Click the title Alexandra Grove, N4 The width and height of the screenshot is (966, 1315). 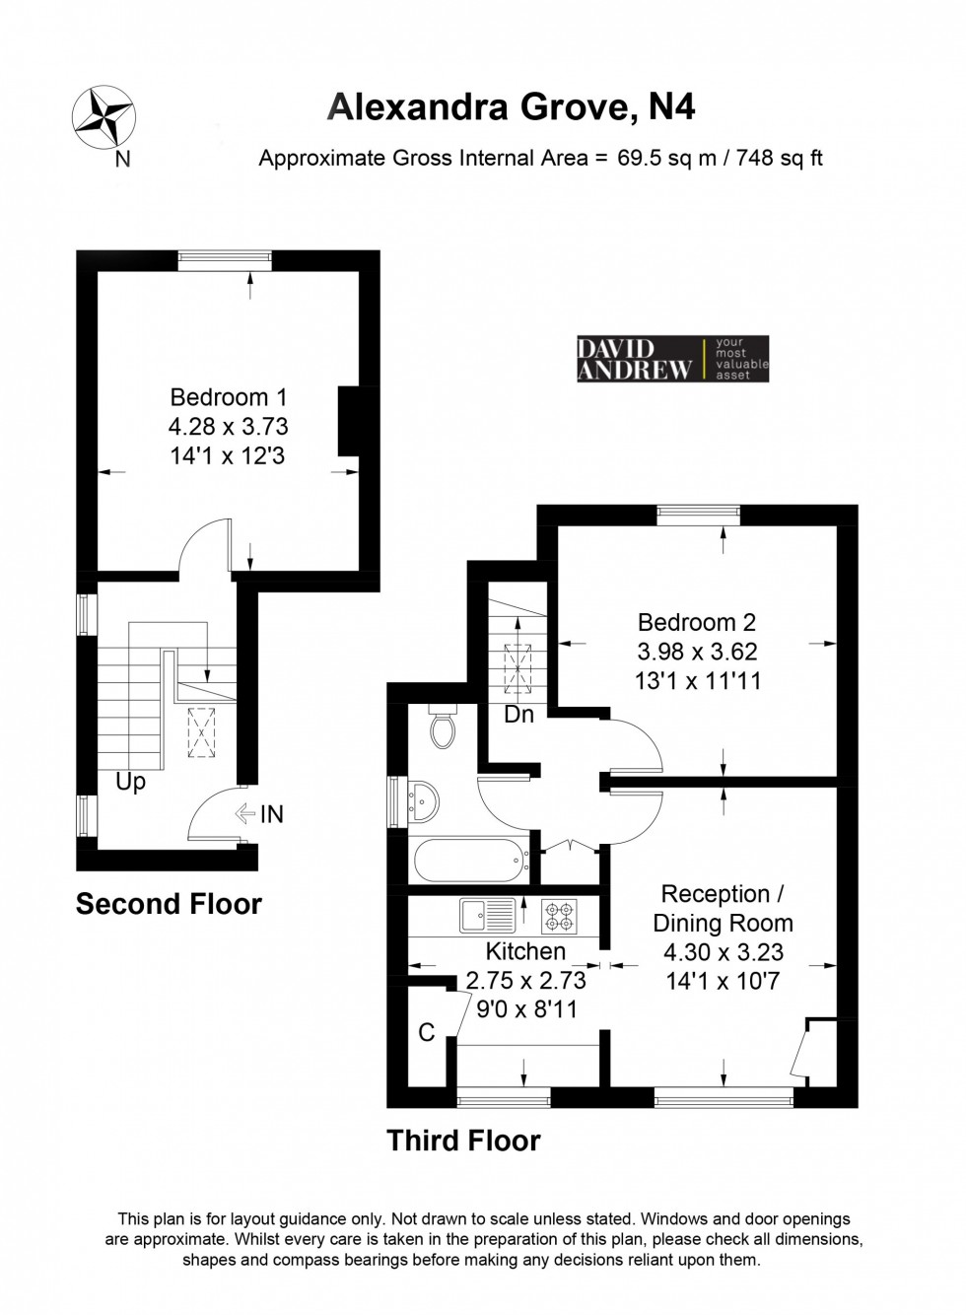coord(511,106)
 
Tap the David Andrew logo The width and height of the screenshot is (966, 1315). coord(671,359)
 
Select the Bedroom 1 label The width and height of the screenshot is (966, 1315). coord(229,398)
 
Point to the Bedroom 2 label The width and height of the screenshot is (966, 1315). coord(697,623)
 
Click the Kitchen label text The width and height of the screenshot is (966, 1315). coord(525,951)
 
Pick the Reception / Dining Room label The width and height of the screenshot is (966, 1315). coord(723,909)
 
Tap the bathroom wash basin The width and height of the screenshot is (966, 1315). coord(423,802)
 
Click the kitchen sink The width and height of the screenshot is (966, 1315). coord(487,915)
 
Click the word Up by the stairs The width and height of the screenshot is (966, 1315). coord(130,782)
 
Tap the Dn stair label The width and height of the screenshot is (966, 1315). coord(518,715)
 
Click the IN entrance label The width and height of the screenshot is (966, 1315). coord(271,814)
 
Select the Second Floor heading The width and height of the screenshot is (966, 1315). coord(169,904)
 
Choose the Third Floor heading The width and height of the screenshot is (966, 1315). coord(463,1141)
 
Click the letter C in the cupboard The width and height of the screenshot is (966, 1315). coord(427,1032)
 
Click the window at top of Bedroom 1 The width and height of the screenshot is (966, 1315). coord(225,258)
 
